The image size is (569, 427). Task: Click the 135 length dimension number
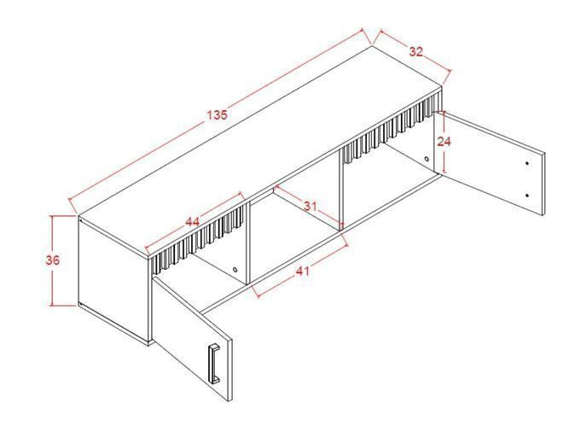coord(217,114)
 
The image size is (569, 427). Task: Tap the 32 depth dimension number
coord(416,51)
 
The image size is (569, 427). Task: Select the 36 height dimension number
coord(53,260)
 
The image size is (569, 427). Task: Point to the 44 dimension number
coord(192,221)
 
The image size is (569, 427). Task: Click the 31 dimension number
coord(310,207)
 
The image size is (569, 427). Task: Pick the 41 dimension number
coord(303,271)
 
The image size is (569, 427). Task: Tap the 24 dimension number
coord(444,141)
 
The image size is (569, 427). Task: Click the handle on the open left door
coord(213,364)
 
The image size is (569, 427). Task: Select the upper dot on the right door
coord(527,163)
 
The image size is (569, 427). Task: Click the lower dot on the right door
coord(527,196)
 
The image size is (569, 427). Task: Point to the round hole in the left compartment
coord(235,270)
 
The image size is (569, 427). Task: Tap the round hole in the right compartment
coord(427,159)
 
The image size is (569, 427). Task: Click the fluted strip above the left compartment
coord(198,240)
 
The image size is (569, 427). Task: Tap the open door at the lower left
coord(192,338)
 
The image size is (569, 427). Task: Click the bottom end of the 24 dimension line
coord(445,173)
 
